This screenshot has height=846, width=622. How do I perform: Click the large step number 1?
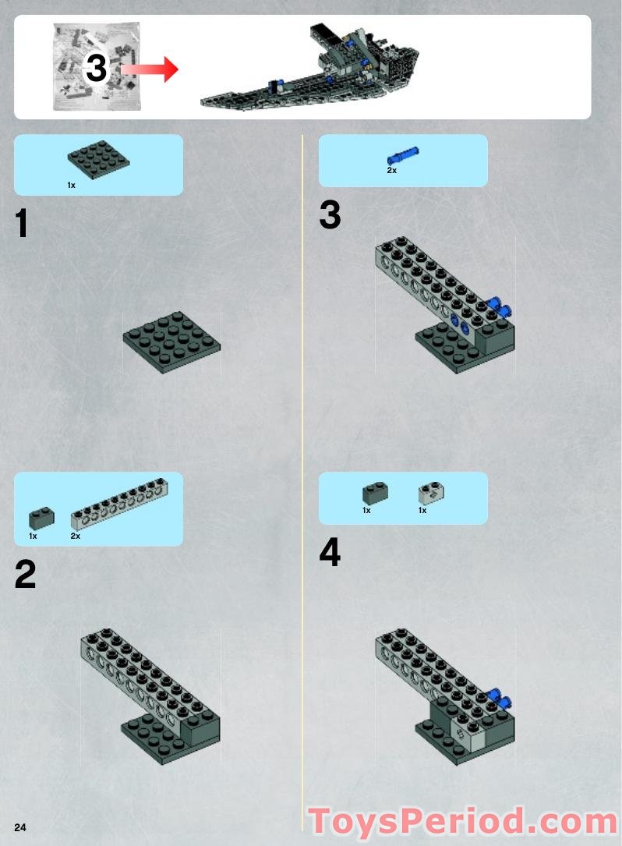(x=22, y=223)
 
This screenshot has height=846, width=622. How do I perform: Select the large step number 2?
(x=26, y=574)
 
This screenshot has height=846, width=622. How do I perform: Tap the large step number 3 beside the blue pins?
(x=330, y=214)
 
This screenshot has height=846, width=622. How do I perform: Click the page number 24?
(x=20, y=827)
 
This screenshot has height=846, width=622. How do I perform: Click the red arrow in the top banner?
(x=150, y=69)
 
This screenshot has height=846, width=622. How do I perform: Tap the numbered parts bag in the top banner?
(x=97, y=66)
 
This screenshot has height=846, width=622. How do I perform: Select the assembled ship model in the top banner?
(x=310, y=67)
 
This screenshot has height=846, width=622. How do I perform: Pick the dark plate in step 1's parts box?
(x=99, y=158)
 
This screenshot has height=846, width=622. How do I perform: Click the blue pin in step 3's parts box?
(x=403, y=155)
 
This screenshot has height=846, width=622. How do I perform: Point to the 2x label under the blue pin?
(x=391, y=171)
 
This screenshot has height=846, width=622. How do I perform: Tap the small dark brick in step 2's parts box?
(x=41, y=518)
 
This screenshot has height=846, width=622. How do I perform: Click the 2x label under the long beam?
(x=76, y=536)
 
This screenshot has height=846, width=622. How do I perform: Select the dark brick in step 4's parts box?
(x=376, y=493)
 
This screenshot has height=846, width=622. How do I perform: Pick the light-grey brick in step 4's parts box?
(x=431, y=493)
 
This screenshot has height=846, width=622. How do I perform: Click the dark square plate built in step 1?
(x=171, y=342)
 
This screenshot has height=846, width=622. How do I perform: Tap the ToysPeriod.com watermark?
(x=464, y=823)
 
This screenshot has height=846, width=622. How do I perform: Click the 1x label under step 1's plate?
(x=71, y=185)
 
